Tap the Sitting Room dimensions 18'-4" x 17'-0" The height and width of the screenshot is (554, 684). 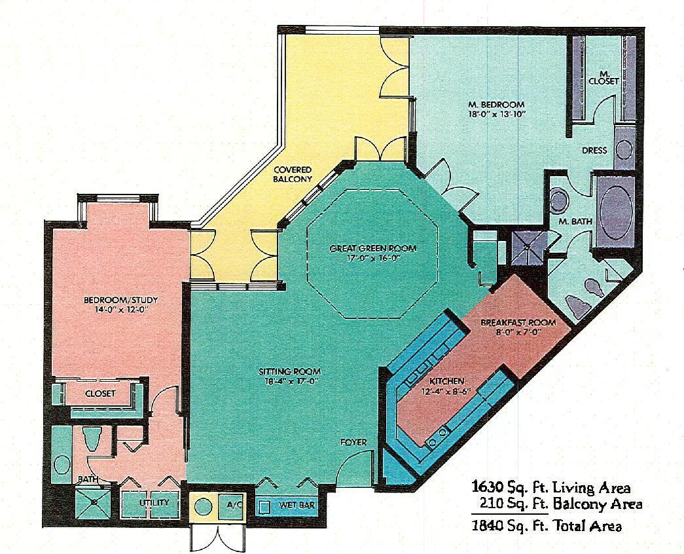tap(289, 382)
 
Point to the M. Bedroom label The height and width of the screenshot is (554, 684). tap(496, 104)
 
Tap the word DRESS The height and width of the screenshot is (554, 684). tap(594, 150)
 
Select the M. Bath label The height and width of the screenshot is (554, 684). tap(575, 222)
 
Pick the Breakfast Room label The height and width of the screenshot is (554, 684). tap(518, 322)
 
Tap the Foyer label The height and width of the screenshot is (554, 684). tap(353, 442)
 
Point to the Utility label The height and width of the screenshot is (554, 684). tap(154, 503)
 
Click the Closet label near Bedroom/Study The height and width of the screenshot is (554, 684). tap(100, 394)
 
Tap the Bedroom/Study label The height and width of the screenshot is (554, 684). tap(121, 301)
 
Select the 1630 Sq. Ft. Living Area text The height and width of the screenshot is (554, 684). tap(551, 487)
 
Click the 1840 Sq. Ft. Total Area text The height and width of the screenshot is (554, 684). tap(547, 525)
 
